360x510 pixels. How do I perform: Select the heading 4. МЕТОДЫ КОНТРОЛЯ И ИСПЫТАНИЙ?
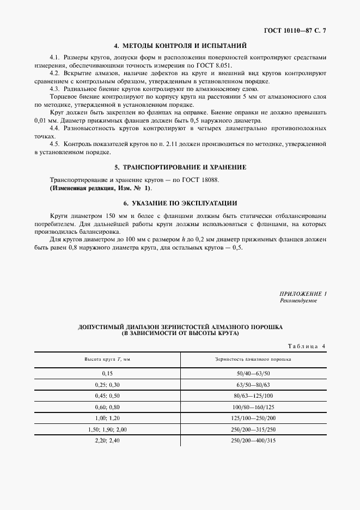coord(180,46)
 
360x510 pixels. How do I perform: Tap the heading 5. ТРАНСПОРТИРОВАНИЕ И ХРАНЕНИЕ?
coord(180,167)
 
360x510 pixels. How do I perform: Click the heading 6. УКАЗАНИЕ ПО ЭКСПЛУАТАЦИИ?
coord(180,203)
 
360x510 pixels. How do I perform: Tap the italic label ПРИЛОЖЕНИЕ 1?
coord(303,294)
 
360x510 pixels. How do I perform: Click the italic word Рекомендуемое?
coord(298,301)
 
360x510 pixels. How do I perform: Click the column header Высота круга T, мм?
coord(107,360)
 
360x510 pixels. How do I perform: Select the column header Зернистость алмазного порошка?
coord(253,360)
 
